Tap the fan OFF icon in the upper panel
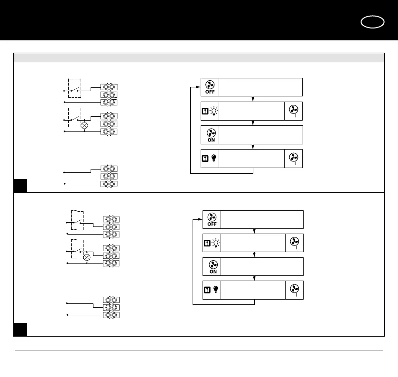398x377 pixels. pyautogui.click(x=210, y=87)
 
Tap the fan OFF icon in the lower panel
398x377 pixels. pyautogui.click(x=212, y=219)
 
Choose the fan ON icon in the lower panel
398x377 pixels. pyautogui.click(x=213, y=267)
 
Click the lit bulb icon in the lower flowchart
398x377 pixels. pyautogui.click(x=216, y=244)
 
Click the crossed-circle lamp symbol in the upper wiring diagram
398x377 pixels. pyautogui.click(x=84, y=126)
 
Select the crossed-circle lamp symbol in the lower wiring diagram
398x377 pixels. pyautogui.click(x=87, y=258)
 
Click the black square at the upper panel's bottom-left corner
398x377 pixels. pyautogui.click(x=20, y=186)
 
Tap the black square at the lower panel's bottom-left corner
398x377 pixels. pyautogui.click(x=20, y=330)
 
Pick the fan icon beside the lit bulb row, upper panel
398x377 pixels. pyautogui.click(x=293, y=111)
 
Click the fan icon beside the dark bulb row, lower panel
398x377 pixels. pyautogui.click(x=295, y=290)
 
